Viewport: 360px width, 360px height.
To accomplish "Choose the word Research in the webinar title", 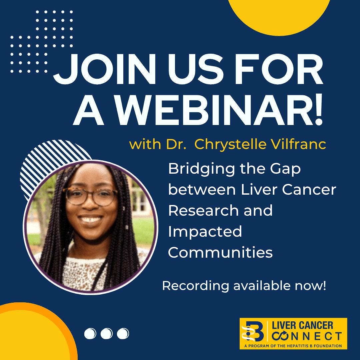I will point(203,211).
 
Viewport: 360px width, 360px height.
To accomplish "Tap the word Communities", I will point(220,252).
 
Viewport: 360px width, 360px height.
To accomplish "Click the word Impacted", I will point(205,232).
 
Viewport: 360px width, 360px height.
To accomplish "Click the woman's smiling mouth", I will point(91,220).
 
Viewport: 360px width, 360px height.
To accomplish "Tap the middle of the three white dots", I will point(106,333).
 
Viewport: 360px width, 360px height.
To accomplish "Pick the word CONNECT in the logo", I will point(307,336).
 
